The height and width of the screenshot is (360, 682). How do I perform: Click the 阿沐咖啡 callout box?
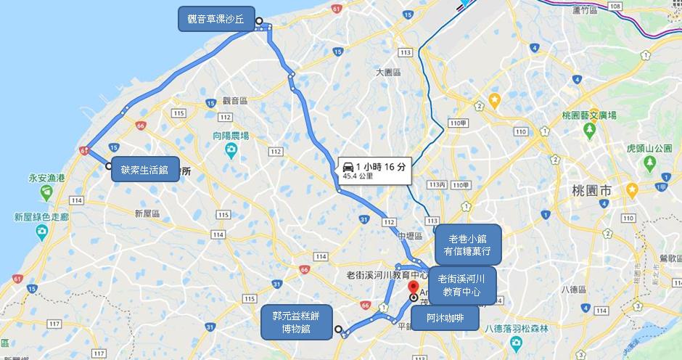(x=445, y=318)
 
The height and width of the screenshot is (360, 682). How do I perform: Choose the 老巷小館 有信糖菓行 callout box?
(x=472, y=244)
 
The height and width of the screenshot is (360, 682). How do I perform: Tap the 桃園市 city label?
(x=591, y=190)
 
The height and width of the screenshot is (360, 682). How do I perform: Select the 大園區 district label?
(x=388, y=73)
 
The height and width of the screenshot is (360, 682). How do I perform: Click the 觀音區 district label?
(x=235, y=100)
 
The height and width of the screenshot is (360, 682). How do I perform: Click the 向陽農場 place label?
(x=231, y=136)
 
